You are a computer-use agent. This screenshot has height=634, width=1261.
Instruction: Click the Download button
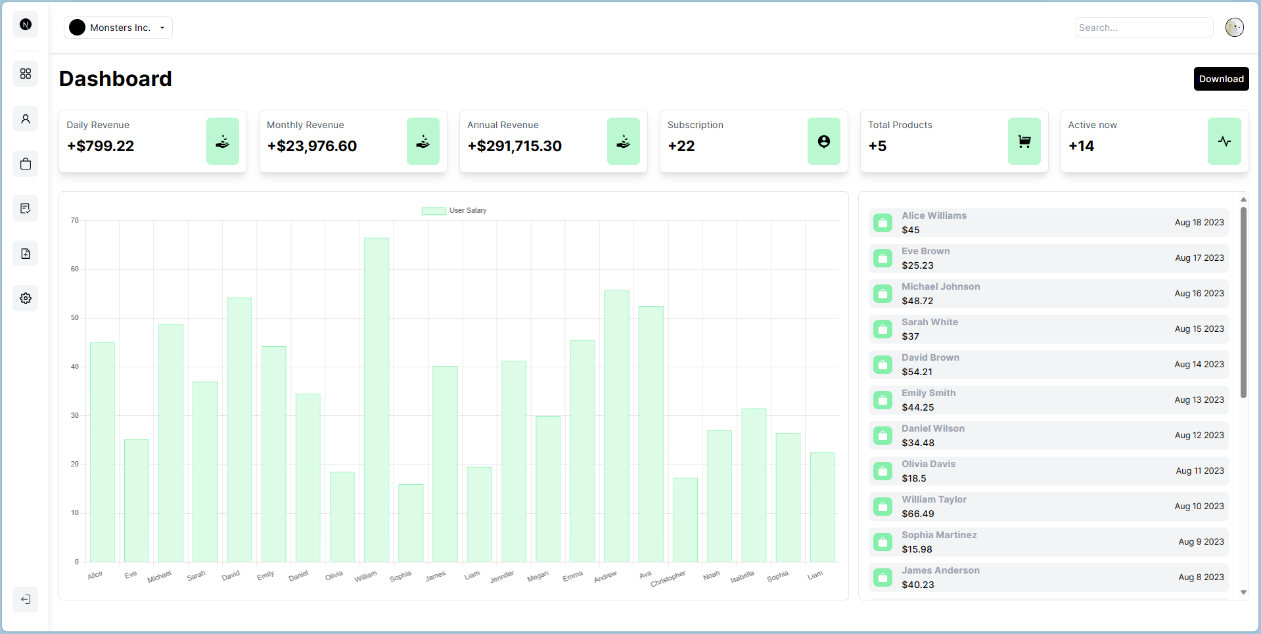[1220, 79]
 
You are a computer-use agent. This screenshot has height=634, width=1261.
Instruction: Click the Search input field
[1143, 28]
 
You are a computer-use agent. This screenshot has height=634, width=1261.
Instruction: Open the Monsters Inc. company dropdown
[119, 28]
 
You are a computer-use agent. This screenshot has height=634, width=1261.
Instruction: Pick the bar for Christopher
[685, 520]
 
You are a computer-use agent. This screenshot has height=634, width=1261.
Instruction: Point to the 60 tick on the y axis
[75, 269]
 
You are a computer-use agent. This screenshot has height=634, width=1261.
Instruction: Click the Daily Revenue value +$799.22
[101, 146]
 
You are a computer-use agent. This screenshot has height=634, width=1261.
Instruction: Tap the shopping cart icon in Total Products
[1024, 141]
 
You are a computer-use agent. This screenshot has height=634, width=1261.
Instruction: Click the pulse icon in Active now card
[1224, 141]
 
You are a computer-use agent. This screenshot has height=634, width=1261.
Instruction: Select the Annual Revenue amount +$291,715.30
[515, 146]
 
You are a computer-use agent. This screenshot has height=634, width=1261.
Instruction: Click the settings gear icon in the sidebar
[26, 298]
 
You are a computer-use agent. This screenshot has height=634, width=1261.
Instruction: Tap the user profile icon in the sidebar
[26, 119]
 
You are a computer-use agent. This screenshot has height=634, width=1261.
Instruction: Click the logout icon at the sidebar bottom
[26, 599]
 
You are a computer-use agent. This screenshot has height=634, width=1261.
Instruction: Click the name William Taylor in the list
[934, 499]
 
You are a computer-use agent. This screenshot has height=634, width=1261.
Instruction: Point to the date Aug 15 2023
[1199, 329]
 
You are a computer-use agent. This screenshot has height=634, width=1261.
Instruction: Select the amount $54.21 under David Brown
[917, 372]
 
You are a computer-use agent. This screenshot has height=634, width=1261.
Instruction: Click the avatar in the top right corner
[1234, 28]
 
